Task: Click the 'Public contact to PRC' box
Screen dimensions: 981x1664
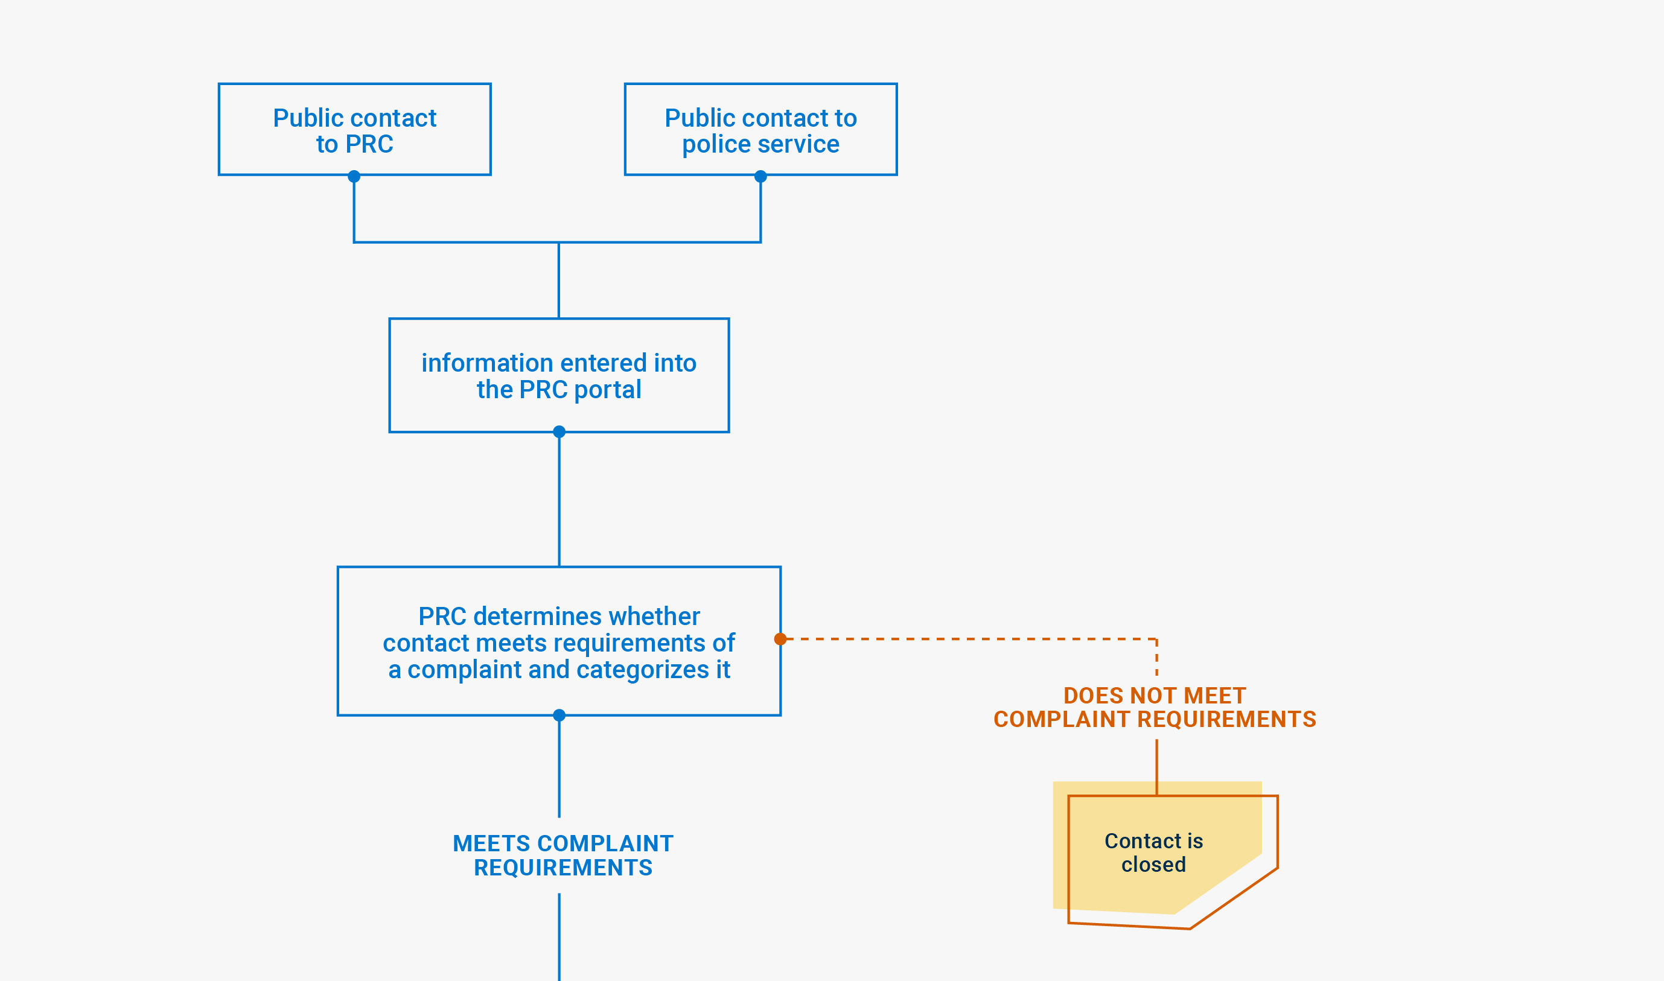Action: [354, 130]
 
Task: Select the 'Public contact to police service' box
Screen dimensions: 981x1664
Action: [760, 130]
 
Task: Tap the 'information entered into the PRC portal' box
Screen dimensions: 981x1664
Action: [559, 375]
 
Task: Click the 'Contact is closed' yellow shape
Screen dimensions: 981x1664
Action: [1153, 852]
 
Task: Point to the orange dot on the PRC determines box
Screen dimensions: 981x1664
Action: [780, 640]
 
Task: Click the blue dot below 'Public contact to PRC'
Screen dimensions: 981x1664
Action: [354, 177]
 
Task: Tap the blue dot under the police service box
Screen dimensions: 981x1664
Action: [760, 177]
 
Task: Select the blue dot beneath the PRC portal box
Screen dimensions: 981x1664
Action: [559, 431]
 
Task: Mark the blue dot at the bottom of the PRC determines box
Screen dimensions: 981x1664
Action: [559, 716]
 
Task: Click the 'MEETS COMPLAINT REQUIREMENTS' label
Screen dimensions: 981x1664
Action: [563, 856]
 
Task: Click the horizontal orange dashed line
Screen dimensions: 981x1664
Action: [965, 640]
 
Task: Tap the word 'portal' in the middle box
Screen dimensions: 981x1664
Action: [607, 389]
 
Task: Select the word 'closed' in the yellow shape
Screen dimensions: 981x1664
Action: [1153, 865]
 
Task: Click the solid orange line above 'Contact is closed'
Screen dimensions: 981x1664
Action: [1156, 767]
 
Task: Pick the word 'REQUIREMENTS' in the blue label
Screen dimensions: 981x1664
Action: [563, 868]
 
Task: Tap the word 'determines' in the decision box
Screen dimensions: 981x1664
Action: [537, 616]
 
